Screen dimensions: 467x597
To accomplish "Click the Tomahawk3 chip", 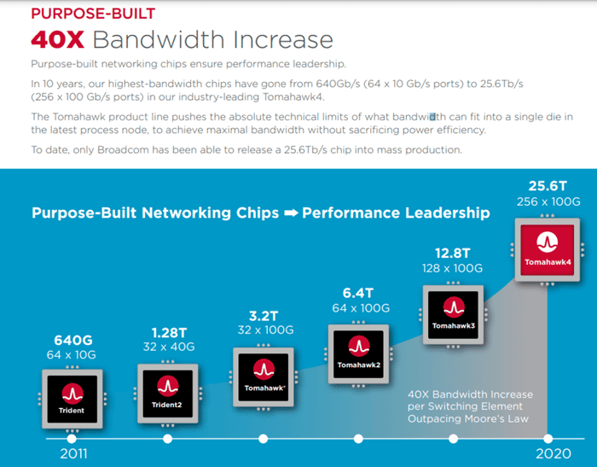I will [453, 312].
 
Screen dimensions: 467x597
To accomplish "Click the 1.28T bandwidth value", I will [168, 331].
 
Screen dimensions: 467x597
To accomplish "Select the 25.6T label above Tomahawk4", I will [548, 184].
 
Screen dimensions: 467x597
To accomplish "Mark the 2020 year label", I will [553, 454].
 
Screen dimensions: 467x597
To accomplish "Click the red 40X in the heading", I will [57, 40].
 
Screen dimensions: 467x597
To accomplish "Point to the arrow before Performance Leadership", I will [291, 213].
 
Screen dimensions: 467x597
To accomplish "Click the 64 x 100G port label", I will [359, 307].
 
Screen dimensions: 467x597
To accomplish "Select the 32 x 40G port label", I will [168, 347].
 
